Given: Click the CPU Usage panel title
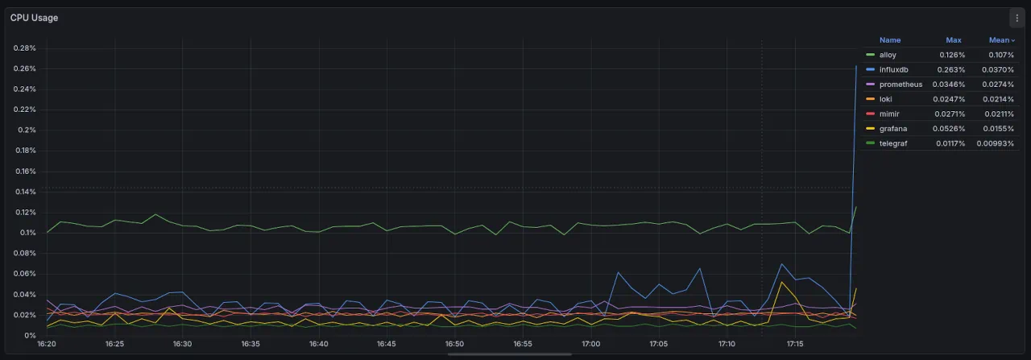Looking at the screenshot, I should tap(34, 18).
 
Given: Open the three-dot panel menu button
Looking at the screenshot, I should tap(1017, 18).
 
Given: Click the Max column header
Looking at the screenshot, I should tap(954, 40).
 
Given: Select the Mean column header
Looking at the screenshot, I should tap(999, 40).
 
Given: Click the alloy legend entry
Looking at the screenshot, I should tap(888, 55).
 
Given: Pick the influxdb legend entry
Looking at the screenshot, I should tap(893, 70).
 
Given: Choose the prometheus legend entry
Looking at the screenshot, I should tap(901, 85).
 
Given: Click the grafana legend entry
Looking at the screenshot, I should tap(892, 129).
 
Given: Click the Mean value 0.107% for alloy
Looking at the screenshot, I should tap(1001, 55).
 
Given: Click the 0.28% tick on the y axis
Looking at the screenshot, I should tap(25, 48).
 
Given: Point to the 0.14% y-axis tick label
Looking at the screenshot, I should tap(25, 192).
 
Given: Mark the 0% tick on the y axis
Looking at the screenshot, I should tap(31, 335).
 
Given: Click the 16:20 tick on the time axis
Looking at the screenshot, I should tap(47, 345).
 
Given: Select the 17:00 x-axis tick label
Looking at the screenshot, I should tap(590, 345).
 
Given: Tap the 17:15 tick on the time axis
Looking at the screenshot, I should tap(795, 345).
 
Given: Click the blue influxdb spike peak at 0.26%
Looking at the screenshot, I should tap(855, 66).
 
